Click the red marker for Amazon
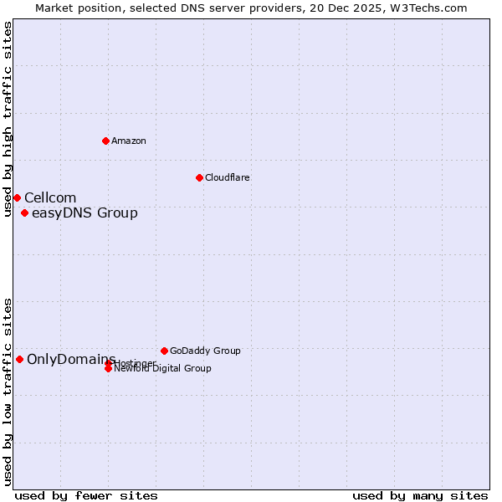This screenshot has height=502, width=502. pyautogui.click(x=105, y=141)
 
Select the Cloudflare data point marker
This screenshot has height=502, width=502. pyautogui.click(x=199, y=177)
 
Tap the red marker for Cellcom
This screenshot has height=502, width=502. pyautogui.click(x=17, y=197)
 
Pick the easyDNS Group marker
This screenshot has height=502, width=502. pyautogui.click(x=24, y=213)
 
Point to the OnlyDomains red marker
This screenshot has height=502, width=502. pyautogui.click(x=19, y=359)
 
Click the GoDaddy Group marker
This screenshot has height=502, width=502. pyautogui.click(x=164, y=351)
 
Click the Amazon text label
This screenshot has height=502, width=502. pyautogui.click(x=129, y=141)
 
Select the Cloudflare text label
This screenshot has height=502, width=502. pyautogui.click(x=227, y=177)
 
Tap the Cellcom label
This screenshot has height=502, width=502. pyautogui.click(x=50, y=197)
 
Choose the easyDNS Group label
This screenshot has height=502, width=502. pyautogui.click(x=85, y=213)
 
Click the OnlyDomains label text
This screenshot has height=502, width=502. pyautogui.click(x=71, y=359)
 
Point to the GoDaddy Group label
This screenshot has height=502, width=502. pyautogui.click(x=205, y=351)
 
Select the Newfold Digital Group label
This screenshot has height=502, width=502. pyautogui.click(x=162, y=368)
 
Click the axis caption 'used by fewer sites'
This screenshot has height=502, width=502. pyautogui.click(x=86, y=495)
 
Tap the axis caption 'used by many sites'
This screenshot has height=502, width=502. pyautogui.click(x=420, y=495)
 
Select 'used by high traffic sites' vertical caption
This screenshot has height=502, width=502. pyautogui.click(x=8, y=119)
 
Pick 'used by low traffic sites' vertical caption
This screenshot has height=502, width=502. pyautogui.click(x=8, y=391)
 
